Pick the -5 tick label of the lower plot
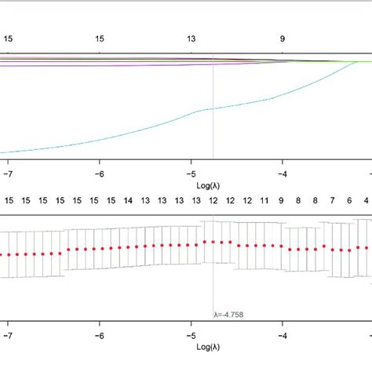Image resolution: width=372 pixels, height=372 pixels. coord(191,334)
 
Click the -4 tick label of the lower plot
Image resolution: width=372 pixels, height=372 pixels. coord(283,334)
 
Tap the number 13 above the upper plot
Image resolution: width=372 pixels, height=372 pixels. coord(191,38)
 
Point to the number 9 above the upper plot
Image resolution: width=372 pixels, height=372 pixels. coord(283,38)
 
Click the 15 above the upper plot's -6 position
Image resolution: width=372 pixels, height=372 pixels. coord(100,38)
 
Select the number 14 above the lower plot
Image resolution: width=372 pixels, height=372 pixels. coord(128,201)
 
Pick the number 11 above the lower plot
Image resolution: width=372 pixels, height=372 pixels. coord(264,201)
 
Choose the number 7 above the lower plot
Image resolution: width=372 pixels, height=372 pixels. coord(333,201)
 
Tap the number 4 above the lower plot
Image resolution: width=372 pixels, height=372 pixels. coord(366,201)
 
